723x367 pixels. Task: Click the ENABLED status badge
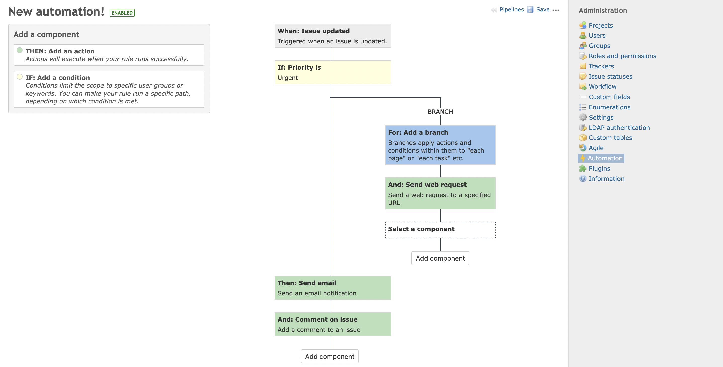pyautogui.click(x=122, y=13)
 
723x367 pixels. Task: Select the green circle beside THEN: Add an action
pyautogui.click(x=19, y=50)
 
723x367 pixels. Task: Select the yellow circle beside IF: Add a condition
pyautogui.click(x=19, y=77)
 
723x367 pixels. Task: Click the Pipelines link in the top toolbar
pyautogui.click(x=511, y=10)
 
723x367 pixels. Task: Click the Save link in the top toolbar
pyautogui.click(x=543, y=10)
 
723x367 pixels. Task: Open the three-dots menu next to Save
pyautogui.click(x=556, y=10)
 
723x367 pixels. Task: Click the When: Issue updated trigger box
pyautogui.click(x=333, y=36)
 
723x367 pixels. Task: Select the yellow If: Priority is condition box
pyautogui.click(x=333, y=72)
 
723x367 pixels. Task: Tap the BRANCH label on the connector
pyautogui.click(x=440, y=112)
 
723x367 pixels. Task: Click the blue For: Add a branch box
pyautogui.click(x=440, y=145)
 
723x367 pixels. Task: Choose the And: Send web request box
pyautogui.click(x=440, y=193)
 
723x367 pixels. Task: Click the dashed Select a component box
pyautogui.click(x=440, y=230)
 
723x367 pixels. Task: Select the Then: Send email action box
pyautogui.click(x=333, y=288)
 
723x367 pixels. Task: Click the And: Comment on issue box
pyautogui.click(x=333, y=324)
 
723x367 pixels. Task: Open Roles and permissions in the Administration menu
pyautogui.click(x=622, y=56)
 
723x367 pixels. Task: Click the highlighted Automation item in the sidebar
pyautogui.click(x=605, y=158)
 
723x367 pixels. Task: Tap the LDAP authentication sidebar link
pyautogui.click(x=619, y=128)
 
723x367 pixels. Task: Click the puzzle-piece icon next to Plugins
pyautogui.click(x=583, y=169)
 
